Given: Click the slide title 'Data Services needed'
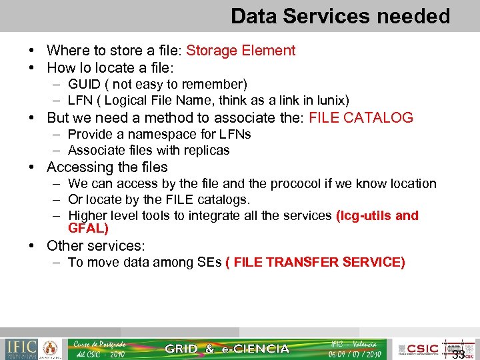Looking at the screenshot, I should tap(340, 16).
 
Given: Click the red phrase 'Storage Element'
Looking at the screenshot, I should tap(241, 51).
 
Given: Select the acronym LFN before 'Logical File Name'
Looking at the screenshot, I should tap(81, 101).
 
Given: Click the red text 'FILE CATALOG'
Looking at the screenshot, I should tap(361, 118).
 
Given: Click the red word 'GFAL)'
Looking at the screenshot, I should tap(88, 229).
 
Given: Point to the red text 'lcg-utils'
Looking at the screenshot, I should tap(364, 215).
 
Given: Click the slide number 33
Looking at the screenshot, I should tap(458, 354).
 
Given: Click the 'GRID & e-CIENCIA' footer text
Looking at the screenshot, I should tap(227, 349).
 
